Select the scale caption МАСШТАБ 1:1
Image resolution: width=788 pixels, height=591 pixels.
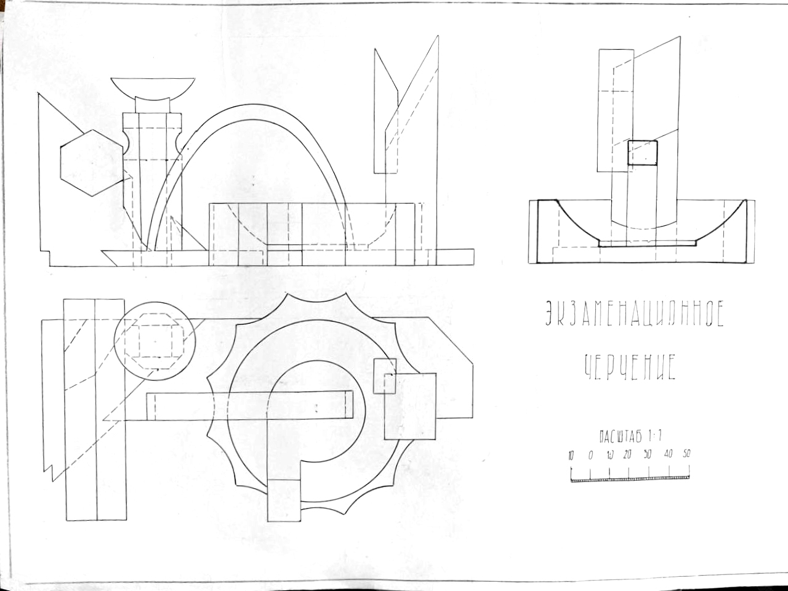click(x=629, y=437)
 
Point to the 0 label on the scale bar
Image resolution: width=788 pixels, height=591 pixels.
click(x=590, y=456)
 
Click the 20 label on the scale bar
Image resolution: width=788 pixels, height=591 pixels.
click(x=627, y=456)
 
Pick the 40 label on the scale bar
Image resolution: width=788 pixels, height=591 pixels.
click(x=669, y=456)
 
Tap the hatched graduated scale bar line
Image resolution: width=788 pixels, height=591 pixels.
click(x=630, y=478)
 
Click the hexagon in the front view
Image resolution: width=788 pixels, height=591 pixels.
click(x=91, y=163)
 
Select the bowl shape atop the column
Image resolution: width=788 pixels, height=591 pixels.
click(x=153, y=87)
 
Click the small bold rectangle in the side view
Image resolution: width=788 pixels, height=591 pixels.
click(x=642, y=153)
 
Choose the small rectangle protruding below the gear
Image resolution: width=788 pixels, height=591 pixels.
click(x=284, y=500)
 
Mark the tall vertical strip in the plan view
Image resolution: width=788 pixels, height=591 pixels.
click(x=95, y=409)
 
